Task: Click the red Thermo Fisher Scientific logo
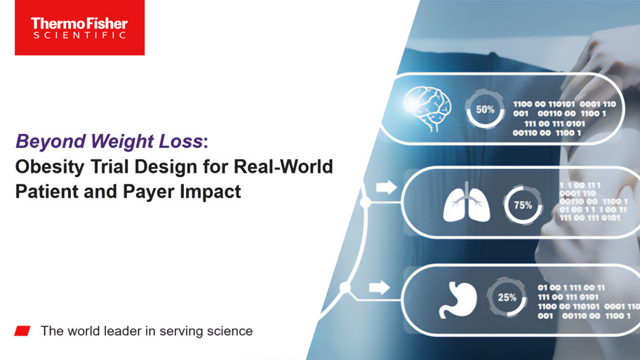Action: (x=79, y=27)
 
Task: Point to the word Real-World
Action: (x=284, y=166)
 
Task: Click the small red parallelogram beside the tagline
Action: (x=22, y=331)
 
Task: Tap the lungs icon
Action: (x=467, y=203)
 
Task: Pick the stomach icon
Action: (x=458, y=300)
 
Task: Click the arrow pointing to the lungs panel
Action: (x=386, y=187)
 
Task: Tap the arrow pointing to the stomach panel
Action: (x=379, y=288)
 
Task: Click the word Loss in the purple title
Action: (x=181, y=141)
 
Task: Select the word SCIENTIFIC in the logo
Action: (x=79, y=35)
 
